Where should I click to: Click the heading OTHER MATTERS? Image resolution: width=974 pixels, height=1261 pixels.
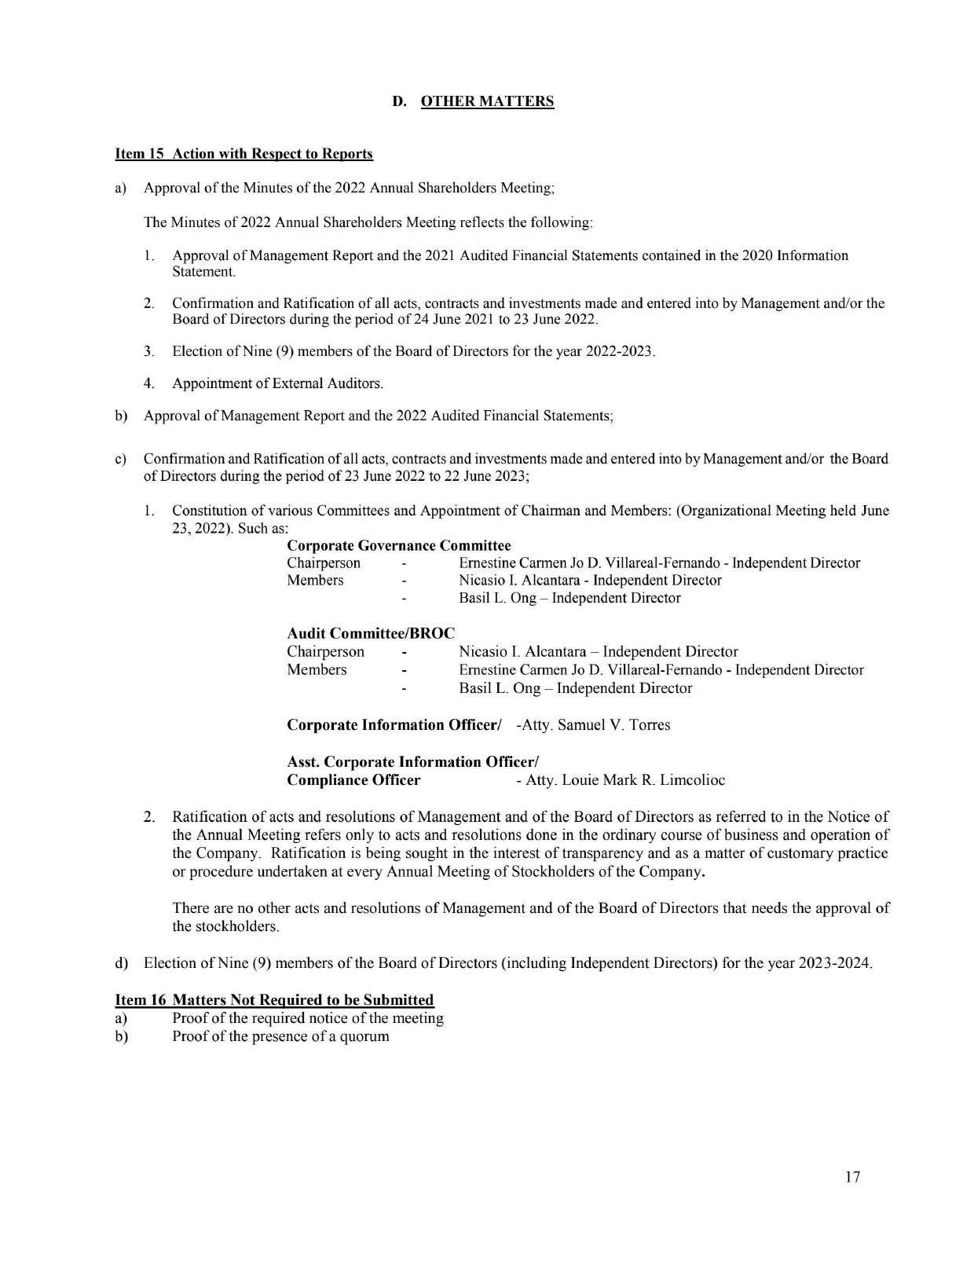click(487, 101)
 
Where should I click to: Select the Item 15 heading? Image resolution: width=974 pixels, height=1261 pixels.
click(243, 153)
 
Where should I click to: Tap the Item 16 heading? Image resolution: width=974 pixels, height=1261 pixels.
click(274, 999)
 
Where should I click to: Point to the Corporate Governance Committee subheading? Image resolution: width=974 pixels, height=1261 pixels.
click(399, 545)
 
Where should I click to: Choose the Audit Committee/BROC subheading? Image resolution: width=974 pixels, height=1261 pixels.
click(371, 633)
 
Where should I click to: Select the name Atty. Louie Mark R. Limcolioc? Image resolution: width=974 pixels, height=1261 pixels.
click(624, 780)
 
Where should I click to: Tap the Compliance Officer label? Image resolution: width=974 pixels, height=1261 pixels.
click(353, 780)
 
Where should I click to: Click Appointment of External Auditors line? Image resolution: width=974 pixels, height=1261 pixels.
click(277, 383)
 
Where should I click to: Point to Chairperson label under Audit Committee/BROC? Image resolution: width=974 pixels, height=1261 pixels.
click(325, 651)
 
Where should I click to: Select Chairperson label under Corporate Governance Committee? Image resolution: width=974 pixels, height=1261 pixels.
click(324, 563)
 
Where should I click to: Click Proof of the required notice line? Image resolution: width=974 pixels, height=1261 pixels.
click(307, 1017)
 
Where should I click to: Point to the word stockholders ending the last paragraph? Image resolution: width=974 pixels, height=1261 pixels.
click(225, 926)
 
